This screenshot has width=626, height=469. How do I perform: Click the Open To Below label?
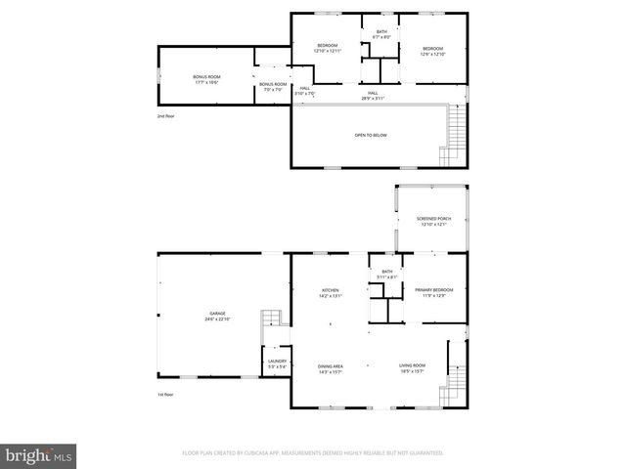click(371, 135)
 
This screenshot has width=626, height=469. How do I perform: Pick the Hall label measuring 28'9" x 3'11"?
click(373, 96)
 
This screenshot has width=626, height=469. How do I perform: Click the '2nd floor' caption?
click(165, 116)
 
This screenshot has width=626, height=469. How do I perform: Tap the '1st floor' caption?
click(165, 395)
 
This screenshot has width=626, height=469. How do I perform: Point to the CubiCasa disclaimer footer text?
click(313, 453)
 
